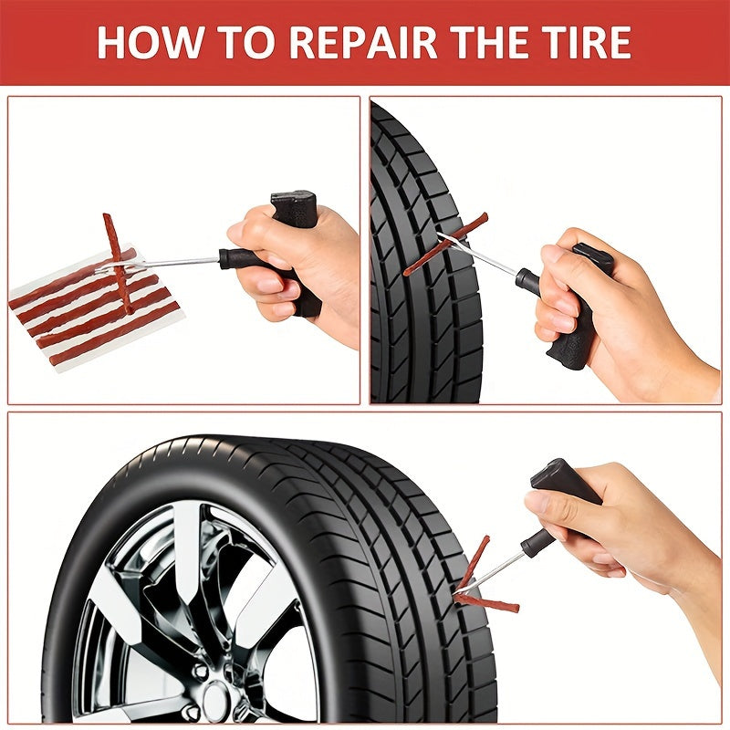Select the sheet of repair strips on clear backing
click(x=91, y=310)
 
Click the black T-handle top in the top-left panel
click(x=294, y=207)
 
